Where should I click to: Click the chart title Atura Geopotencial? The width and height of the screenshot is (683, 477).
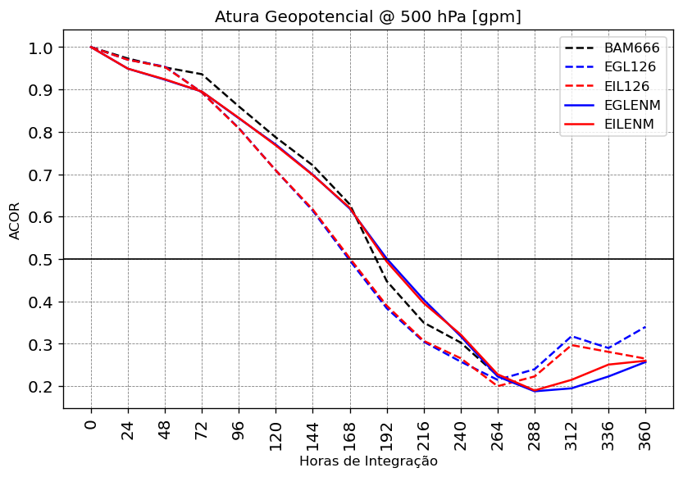[367, 17]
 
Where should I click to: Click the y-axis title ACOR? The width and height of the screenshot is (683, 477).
[15, 220]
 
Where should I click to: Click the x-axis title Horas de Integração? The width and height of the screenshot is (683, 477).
[367, 461]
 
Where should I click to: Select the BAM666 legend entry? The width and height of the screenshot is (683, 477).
[631, 48]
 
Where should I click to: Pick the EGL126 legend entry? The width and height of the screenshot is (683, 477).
[630, 67]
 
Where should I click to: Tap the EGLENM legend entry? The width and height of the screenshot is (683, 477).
[632, 106]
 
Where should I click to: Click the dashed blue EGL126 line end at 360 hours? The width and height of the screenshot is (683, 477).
[645, 327]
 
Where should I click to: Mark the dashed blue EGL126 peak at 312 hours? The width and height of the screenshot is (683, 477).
[571, 336]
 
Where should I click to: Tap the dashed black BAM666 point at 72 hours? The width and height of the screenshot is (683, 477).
[202, 75]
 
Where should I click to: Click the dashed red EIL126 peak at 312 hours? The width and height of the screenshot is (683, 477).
[571, 344]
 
